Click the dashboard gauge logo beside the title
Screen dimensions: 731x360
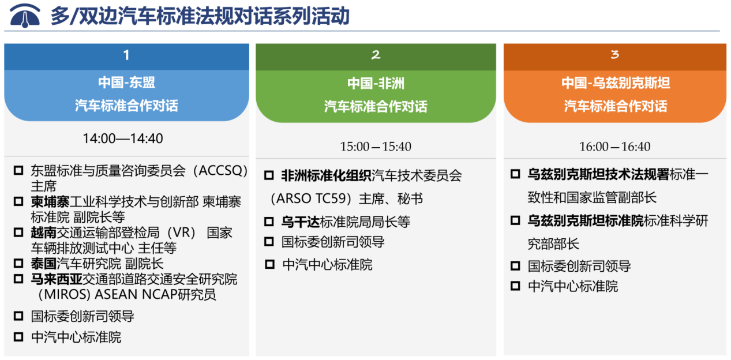(25, 16)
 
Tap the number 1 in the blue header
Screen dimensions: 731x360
(126, 55)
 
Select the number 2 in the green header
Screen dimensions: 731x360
(376, 55)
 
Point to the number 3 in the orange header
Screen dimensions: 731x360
(615, 54)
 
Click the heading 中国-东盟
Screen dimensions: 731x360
(126, 82)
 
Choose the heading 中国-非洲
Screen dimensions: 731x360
(376, 83)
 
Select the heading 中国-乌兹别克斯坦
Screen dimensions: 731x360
(616, 83)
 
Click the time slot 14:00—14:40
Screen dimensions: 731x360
(123, 138)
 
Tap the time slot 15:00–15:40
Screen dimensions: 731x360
(376, 147)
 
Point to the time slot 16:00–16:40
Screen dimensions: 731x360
(615, 147)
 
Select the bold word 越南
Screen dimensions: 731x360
(44, 232)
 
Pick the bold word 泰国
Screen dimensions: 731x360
(44, 264)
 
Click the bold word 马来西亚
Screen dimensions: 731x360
(57, 279)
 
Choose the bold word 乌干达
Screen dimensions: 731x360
(301, 222)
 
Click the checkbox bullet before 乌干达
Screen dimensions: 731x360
(269, 222)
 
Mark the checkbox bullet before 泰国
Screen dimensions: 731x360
(18, 264)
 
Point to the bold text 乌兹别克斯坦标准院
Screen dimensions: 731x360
(586, 221)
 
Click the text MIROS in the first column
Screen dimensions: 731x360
(66, 295)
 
